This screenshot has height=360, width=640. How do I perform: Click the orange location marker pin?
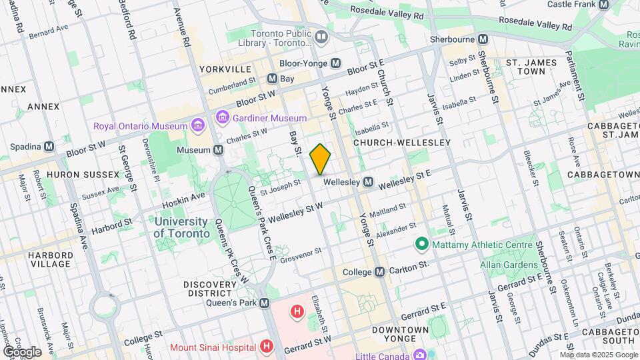tap(321, 159)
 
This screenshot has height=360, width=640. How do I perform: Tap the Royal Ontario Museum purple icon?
tap(197, 125)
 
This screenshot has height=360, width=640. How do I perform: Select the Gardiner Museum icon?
tap(222, 118)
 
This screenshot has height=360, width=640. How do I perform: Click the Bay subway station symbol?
tap(272, 79)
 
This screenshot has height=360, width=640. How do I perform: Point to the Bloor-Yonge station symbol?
tap(336, 63)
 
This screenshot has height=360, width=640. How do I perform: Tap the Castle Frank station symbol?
tap(603, 4)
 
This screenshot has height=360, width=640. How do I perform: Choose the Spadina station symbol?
tap(49, 147)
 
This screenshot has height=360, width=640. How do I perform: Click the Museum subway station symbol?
tap(218, 151)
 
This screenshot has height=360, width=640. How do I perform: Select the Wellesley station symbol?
tap(368, 182)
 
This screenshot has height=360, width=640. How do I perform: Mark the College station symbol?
tap(379, 272)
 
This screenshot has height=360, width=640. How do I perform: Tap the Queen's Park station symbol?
tap(265, 303)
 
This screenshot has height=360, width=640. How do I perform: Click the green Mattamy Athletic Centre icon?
tap(421, 245)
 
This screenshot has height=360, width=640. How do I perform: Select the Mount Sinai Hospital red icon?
tap(267, 347)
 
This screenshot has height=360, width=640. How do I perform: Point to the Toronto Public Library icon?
tap(322, 37)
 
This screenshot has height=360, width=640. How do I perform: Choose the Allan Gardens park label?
tap(509, 265)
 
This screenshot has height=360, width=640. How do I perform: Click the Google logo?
tap(22, 351)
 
